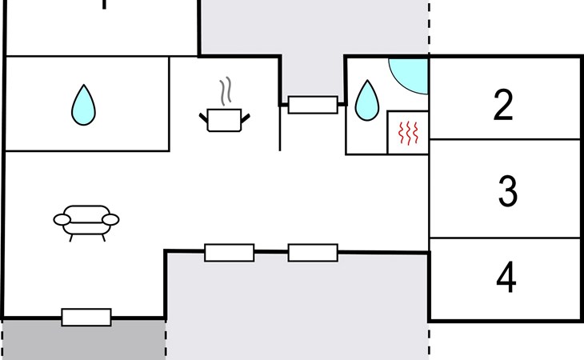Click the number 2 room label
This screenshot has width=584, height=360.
(x=503, y=105)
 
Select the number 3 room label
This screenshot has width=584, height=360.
(x=508, y=190)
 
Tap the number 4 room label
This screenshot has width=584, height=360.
(x=506, y=277)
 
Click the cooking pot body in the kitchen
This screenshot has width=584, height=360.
(x=224, y=120)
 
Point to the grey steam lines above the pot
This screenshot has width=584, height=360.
(x=226, y=90)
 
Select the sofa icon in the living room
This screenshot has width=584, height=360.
(x=86, y=223)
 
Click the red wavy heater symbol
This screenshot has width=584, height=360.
(x=408, y=133)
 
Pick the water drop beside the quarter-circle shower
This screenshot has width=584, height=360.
(x=367, y=101)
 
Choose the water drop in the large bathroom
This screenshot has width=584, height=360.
(x=83, y=105)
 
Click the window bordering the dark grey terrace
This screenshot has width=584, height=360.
(x=86, y=317)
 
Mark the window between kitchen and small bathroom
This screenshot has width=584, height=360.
(x=313, y=105)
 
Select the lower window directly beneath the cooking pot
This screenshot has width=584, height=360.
(x=230, y=253)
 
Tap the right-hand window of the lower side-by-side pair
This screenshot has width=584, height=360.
(x=313, y=253)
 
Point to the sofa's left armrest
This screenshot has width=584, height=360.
(x=62, y=220)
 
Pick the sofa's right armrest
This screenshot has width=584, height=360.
(x=110, y=220)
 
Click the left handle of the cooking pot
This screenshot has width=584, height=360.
(x=203, y=118)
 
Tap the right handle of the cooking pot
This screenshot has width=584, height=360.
(x=246, y=118)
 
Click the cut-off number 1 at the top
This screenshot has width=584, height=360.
(x=104, y=4)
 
